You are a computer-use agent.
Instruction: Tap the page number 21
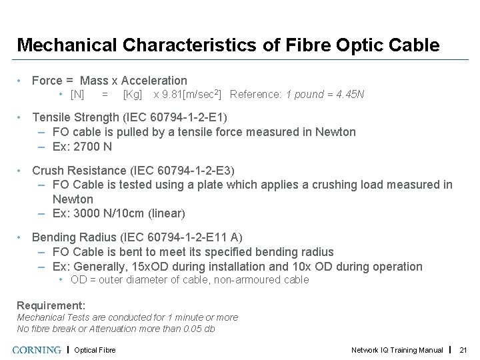[x=465, y=350]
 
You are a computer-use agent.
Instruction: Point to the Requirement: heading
[x=51, y=305]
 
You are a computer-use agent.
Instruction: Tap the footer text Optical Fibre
[x=95, y=350]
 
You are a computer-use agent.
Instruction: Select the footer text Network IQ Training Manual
[x=397, y=350]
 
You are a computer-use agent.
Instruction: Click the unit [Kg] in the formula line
[x=133, y=94]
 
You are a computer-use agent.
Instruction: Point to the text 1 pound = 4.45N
[x=325, y=94]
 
